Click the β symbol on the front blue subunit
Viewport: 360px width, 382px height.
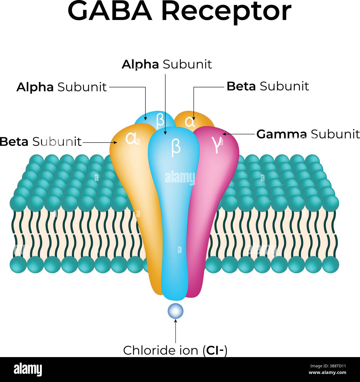pos(176,147)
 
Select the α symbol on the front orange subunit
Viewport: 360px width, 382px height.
pos(131,138)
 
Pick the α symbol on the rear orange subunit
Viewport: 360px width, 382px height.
pos(190,122)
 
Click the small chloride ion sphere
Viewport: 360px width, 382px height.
pos(176,311)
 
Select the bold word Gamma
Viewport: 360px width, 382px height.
pos(281,134)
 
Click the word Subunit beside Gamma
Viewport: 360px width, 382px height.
pos(335,134)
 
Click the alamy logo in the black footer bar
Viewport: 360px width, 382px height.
pos(28,370)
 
